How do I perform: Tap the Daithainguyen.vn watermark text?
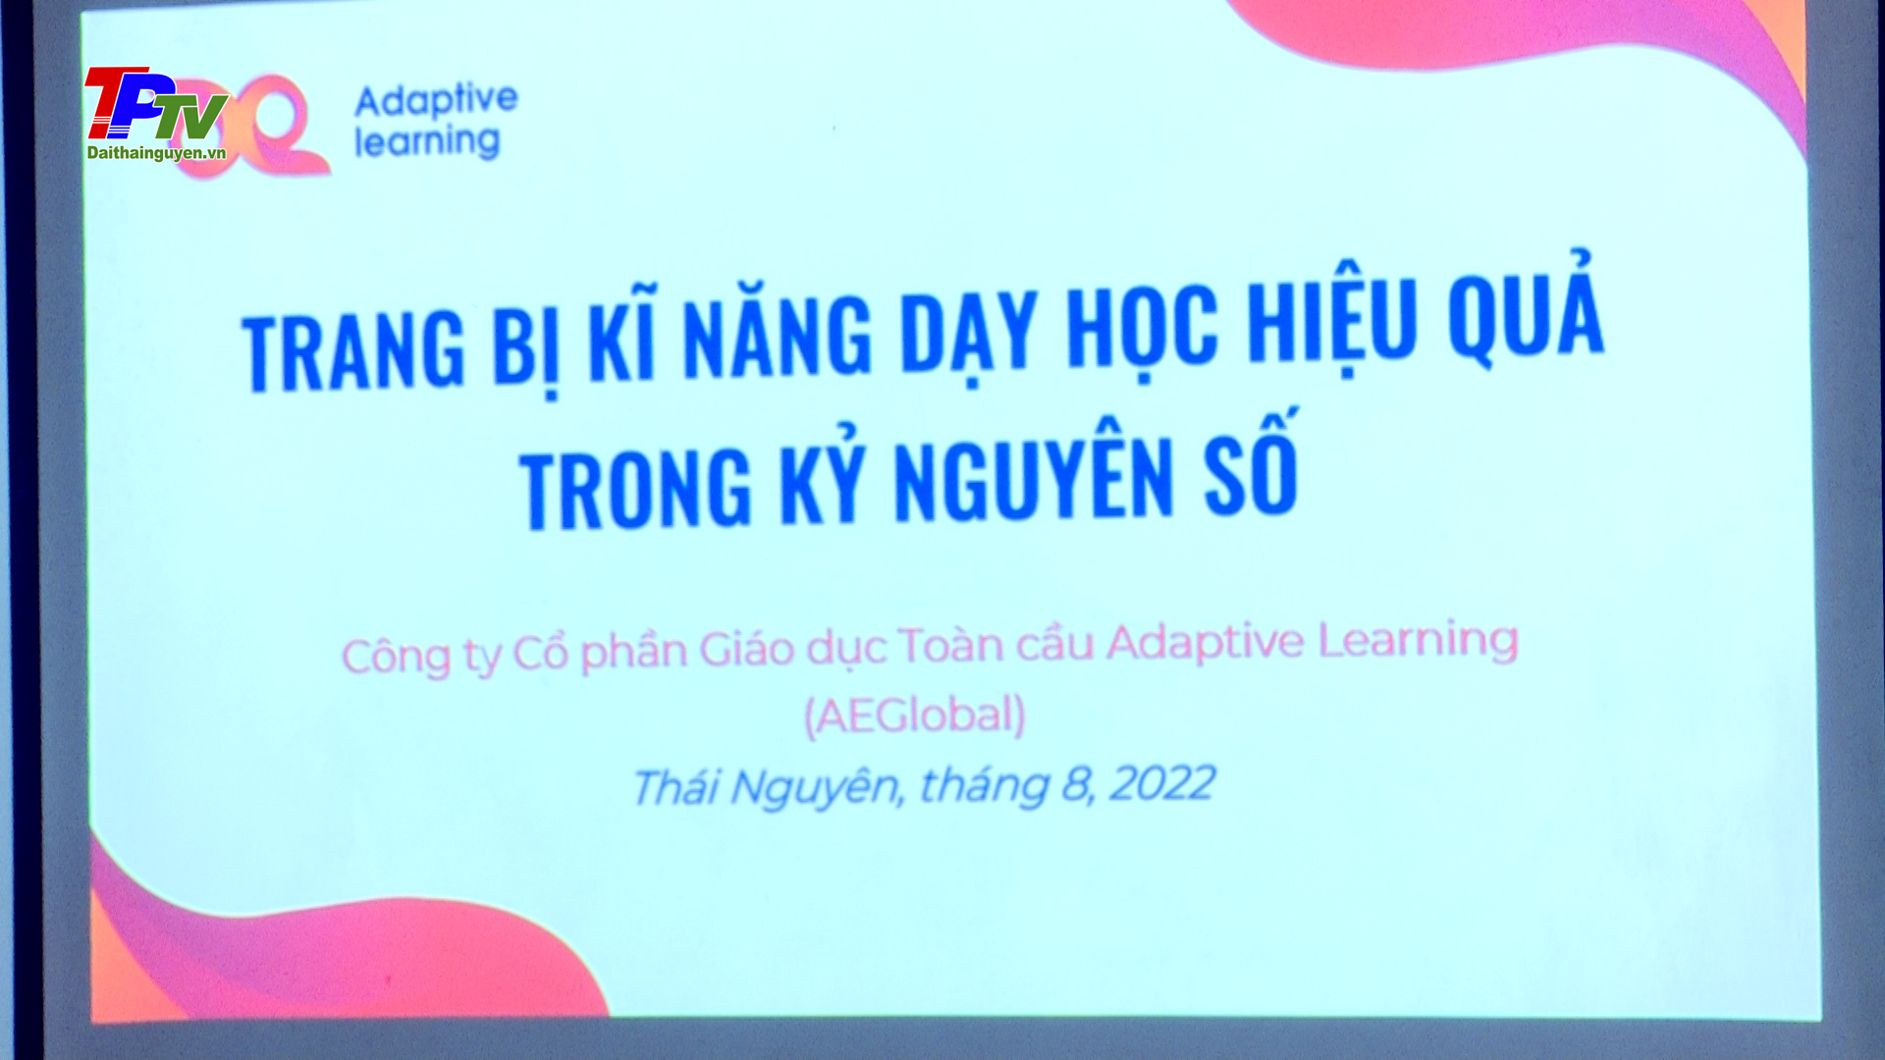pyautogui.click(x=157, y=153)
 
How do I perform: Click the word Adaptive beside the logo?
pyautogui.click(x=436, y=101)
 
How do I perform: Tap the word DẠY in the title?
pyautogui.click(x=969, y=333)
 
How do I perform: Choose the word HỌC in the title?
pyautogui.click(x=1143, y=330)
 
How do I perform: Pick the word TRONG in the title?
pyautogui.click(x=635, y=489)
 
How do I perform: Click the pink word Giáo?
pyautogui.click(x=746, y=650)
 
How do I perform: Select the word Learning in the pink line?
pyautogui.click(x=1418, y=642)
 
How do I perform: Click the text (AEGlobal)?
pyautogui.click(x=915, y=715)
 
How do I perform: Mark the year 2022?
pyautogui.click(x=1162, y=783)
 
